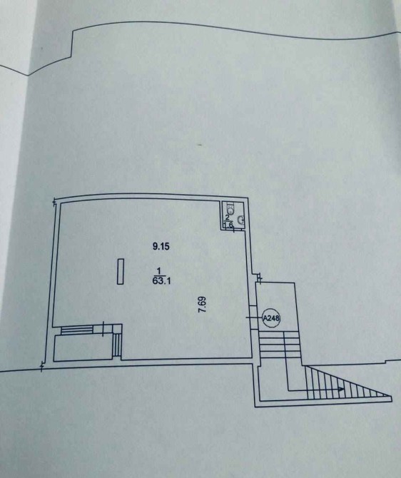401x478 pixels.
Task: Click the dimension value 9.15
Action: coord(161,246)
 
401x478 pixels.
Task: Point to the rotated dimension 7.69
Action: coord(203,304)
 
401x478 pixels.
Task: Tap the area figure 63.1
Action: coord(161,281)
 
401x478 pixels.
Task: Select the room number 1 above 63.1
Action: coord(158,270)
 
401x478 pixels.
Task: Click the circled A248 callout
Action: coord(271,318)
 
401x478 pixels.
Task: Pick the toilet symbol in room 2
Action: coord(231,209)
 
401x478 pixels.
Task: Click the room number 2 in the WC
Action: coord(227,218)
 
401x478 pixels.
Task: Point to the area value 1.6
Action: coord(228,225)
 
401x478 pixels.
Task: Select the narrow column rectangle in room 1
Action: coord(121,271)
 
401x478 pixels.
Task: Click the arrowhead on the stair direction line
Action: coord(341,390)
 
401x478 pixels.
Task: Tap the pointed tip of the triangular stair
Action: coord(392,397)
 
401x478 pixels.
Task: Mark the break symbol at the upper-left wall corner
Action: coord(55,202)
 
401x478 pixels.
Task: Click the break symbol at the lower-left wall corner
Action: coord(42,366)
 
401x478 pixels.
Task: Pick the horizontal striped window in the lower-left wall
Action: coord(77,330)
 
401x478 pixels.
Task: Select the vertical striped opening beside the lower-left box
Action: coord(117,345)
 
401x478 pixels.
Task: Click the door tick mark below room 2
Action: coord(234,229)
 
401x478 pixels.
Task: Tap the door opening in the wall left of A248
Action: coord(253,317)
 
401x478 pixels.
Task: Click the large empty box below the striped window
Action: coord(83,347)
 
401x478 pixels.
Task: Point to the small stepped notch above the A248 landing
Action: coord(259,278)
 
